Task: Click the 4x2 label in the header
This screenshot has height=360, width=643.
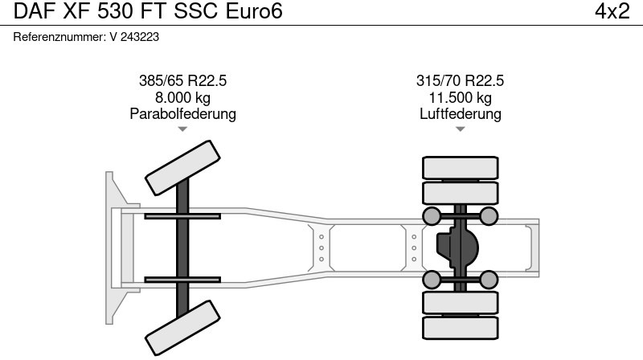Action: (612, 11)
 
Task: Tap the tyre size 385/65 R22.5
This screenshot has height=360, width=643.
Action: (182, 81)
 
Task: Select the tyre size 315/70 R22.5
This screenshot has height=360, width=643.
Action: (460, 81)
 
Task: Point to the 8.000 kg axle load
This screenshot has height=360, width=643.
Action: (182, 97)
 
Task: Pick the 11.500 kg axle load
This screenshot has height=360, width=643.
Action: (460, 97)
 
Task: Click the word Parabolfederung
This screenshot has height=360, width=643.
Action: (182, 114)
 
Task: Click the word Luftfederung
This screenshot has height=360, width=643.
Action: (460, 114)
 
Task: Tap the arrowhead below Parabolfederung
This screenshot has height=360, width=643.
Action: (182, 129)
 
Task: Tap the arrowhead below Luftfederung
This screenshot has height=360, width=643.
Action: (460, 129)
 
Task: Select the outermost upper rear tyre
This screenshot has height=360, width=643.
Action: (460, 167)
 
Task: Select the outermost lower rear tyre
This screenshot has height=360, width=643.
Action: (460, 328)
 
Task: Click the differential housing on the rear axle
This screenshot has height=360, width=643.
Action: (455, 247)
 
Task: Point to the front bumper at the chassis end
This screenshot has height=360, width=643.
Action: (112, 247)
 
